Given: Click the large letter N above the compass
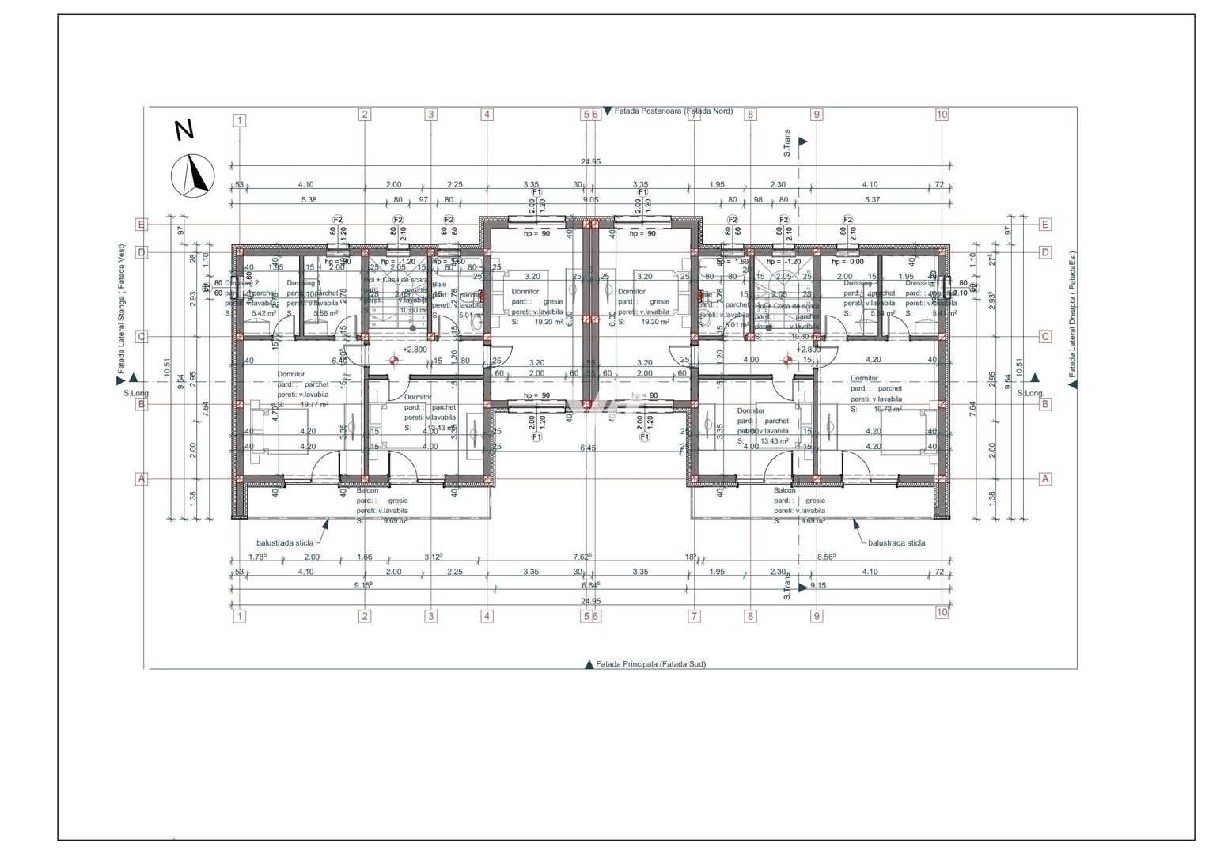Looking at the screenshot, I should (x=184, y=130).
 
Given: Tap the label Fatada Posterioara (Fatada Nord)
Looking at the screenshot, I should (x=673, y=111).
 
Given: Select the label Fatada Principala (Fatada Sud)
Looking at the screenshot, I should (x=650, y=664).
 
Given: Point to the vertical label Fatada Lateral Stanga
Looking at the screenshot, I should (x=122, y=308).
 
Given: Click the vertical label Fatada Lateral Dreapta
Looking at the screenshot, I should (x=1072, y=314).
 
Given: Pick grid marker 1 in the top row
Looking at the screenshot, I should (x=240, y=121).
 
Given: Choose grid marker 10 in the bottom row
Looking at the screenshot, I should (x=942, y=612).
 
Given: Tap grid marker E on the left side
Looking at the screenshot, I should (x=141, y=225).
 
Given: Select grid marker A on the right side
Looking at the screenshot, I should (x=1044, y=478).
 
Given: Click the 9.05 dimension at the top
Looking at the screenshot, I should (x=590, y=200).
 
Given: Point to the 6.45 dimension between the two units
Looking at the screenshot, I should (x=588, y=448).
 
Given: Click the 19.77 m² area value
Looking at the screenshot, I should (x=314, y=404).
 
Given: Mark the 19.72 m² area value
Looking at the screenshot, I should (x=888, y=410).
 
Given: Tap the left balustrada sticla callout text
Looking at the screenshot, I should (x=285, y=543).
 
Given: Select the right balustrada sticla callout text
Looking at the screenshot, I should (x=896, y=543).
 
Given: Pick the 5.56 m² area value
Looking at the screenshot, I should (x=326, y=313).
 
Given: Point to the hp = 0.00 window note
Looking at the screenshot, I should (x=848, y=262).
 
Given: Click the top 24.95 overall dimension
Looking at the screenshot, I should (x=590, y=162).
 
